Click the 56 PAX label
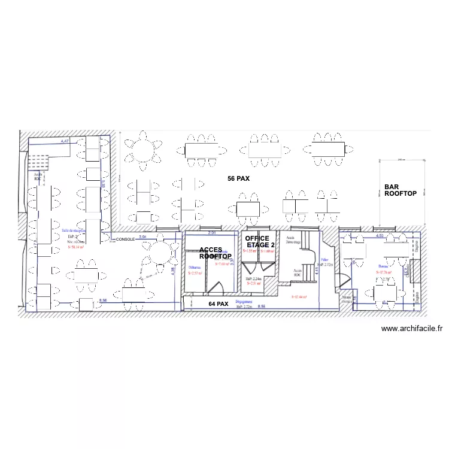click(238, 179)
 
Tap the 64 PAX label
click(219, 304)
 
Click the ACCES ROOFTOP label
click(215, 253)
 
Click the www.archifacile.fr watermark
click(411, 329)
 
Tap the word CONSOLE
click(125, 239)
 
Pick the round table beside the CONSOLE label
click(159, 254)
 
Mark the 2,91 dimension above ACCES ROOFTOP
click(211, 232)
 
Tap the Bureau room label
click(384, 266)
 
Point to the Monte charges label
click(347, 299)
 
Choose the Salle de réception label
click(74, 229)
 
